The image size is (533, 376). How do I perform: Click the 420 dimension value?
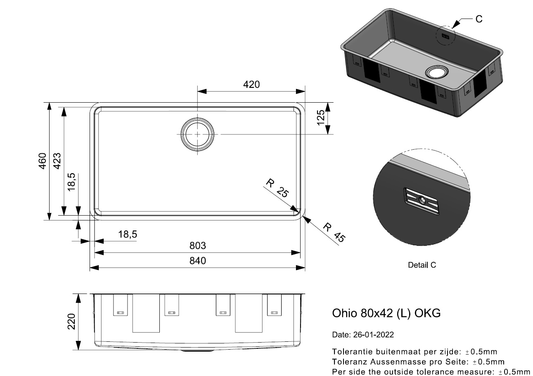(x=251, y=85)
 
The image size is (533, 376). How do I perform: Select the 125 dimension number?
(x=321, y=117)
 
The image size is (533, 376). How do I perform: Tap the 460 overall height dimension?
(x=43, y=161)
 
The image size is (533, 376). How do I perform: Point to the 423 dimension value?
(x=57, y=161)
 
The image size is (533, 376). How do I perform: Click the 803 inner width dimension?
(x=197, y=246)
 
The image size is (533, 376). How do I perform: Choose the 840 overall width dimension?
(x=197, y=261)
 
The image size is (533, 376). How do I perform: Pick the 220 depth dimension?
(x=71, y=322)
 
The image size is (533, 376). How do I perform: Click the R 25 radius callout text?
(x=277, y=188)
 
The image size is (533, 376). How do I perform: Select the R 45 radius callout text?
(x=334, y=233)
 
